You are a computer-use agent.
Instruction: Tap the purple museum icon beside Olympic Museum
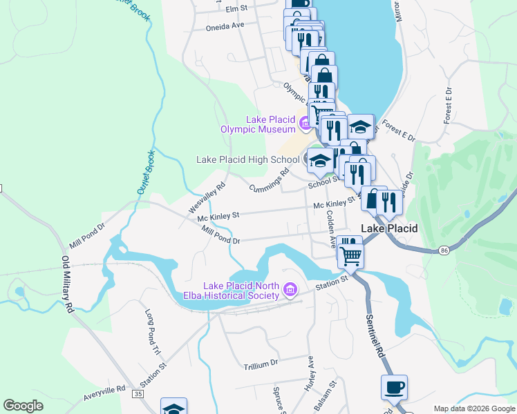pos(305,124)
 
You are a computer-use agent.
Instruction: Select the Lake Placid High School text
pos(247,159)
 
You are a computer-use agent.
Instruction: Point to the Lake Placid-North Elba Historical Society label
pos(241,291)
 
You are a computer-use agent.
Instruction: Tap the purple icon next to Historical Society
pos(290,291)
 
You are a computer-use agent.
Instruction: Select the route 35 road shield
pos(139,393)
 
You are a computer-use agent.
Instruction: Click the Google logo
pos(23,406)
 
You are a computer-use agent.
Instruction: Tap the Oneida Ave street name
pos(225,26)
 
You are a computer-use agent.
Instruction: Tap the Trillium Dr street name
pos(260,362)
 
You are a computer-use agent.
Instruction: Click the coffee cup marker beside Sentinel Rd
pos(394,388)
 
